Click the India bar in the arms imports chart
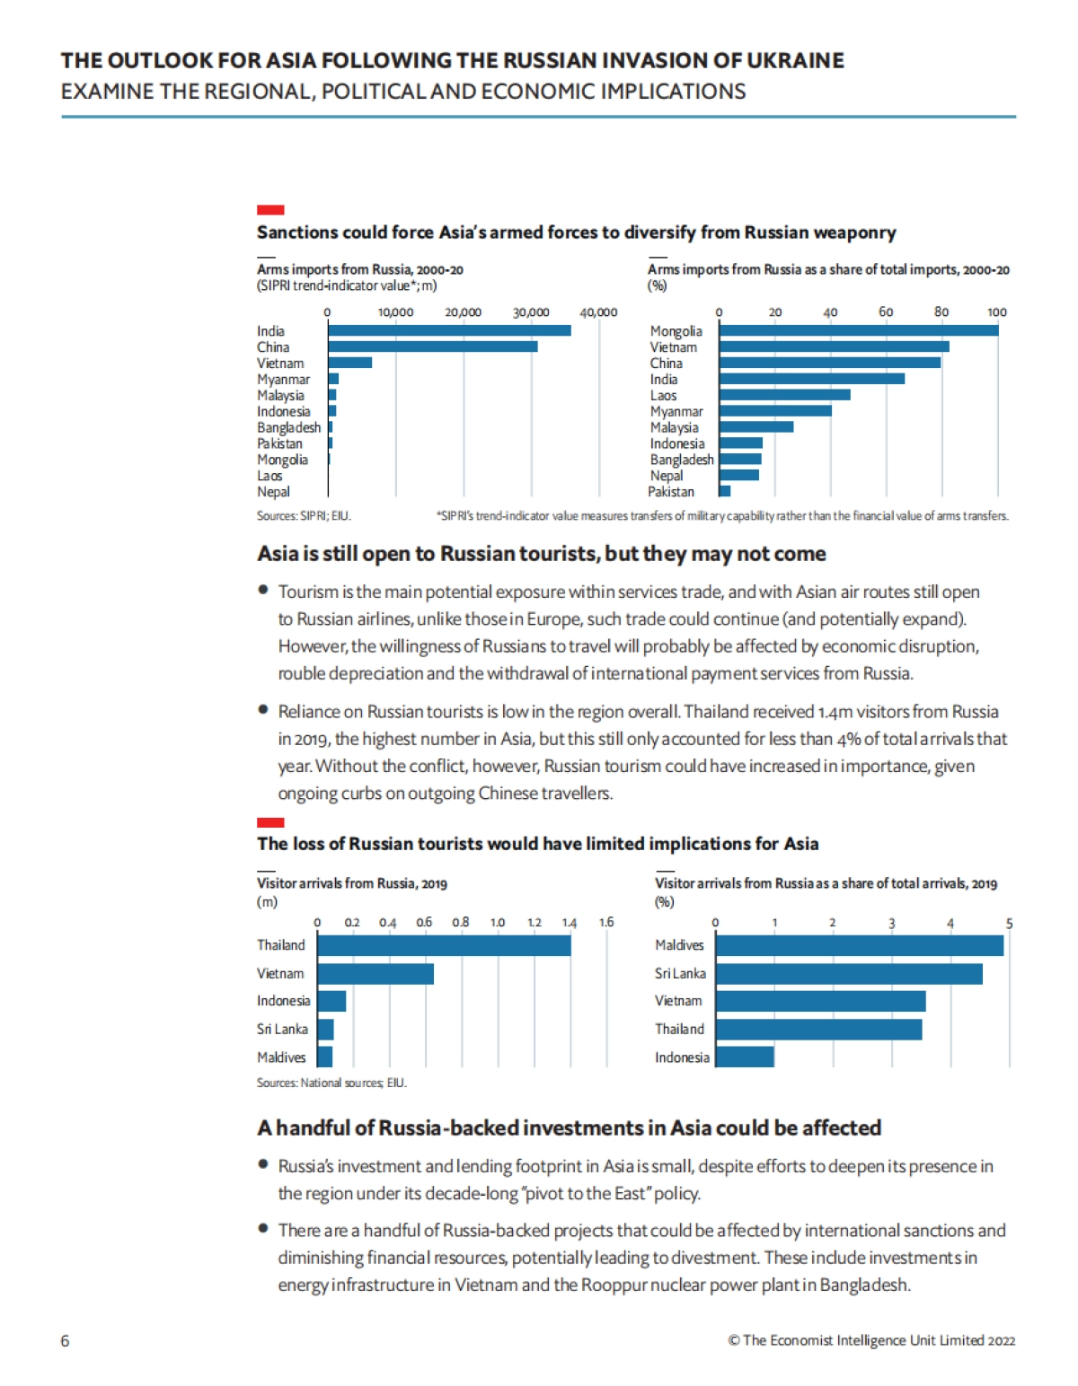coord(449,330)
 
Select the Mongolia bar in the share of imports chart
coord(858,330)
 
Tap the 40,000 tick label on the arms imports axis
coord(598,312)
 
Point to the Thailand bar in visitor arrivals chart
coord(444,945)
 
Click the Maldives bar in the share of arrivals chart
coord(859,945)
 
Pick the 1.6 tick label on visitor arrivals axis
coord(606,922)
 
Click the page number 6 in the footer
coord(65,1340)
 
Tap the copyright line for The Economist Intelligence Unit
coord(871,1340)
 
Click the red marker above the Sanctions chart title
coord(270,210)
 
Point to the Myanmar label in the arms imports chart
coord(283,380)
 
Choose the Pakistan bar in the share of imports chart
coord(725,491)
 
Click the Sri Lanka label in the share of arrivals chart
coord(680,973)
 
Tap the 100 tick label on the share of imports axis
coord(997,312)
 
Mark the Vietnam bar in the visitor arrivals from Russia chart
coord(376,974)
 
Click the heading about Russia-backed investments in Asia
coord(569,1127)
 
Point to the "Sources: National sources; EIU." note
coord(331,1083)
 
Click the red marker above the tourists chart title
coord(270,822)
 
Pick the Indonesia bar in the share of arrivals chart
coord(745,1057)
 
